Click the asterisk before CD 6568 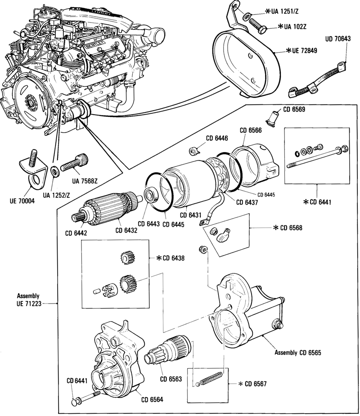pos(275,228)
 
